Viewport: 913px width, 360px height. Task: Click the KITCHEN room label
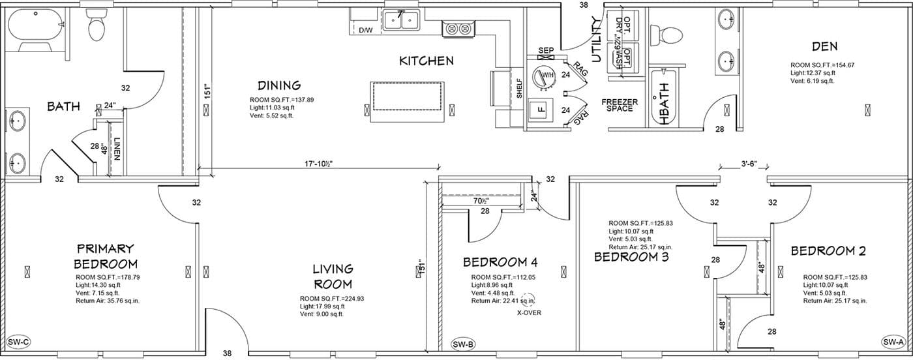[427, 61]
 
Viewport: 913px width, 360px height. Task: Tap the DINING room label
[278, 85]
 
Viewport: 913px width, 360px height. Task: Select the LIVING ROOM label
[332, 276]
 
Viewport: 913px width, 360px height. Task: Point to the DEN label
[824, 46]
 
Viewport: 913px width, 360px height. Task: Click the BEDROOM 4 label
[500, 263]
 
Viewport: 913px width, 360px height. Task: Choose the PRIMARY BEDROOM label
[105, 256]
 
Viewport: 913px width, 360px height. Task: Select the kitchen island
[408, 102]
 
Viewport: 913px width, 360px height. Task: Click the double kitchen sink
[400, 22]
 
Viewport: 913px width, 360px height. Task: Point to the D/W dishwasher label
[366, 30]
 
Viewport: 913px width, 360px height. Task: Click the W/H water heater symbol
[545, 76]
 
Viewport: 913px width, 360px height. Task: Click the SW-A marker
[893, 342]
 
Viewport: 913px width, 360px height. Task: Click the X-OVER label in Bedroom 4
[528, 312]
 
